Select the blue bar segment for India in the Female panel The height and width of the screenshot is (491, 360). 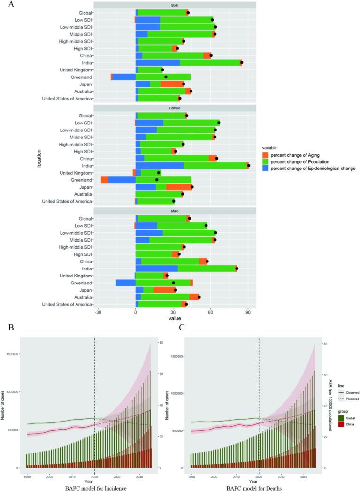pos(160,166)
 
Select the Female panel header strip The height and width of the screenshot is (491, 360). pos(175,108)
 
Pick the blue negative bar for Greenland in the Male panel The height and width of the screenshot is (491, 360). pos(125,283)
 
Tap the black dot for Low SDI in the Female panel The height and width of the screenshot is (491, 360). pos(219,123)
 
